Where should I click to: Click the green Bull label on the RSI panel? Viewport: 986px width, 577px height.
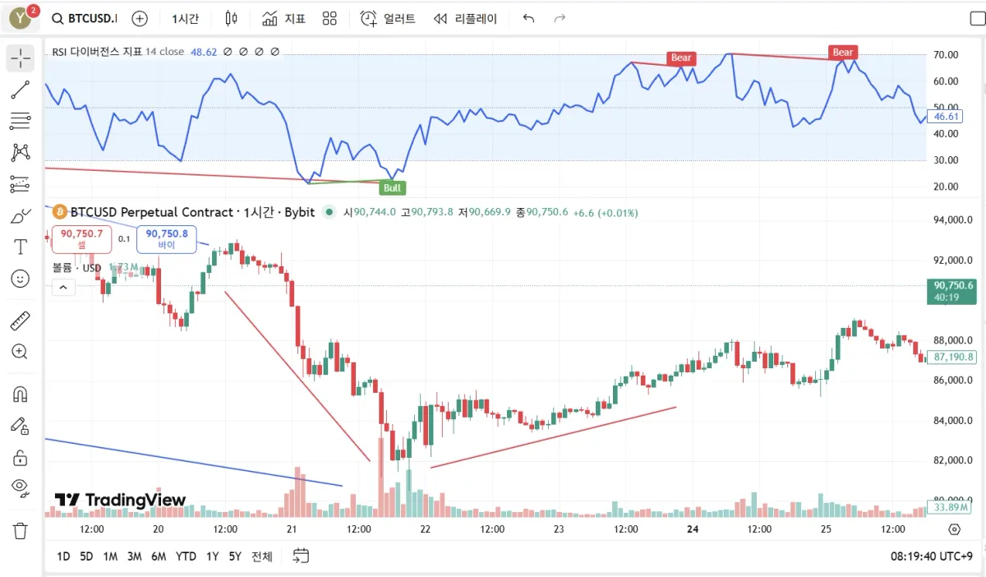coord(393,188)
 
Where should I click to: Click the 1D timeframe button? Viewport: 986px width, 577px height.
coord(63,556)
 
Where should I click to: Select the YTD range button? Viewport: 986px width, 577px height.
coord(186,556)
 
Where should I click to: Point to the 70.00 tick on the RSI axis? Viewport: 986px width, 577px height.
coord(947,55)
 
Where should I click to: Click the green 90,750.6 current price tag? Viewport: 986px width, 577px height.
coord(952,286)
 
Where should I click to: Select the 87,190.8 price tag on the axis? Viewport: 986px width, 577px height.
coord(953,358)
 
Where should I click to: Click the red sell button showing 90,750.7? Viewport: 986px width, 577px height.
coord(81,238)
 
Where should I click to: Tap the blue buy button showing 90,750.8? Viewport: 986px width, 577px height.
coord(167,238)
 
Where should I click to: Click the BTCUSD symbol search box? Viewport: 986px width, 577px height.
coord(84,18)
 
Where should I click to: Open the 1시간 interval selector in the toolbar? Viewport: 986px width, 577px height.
coord(186,18)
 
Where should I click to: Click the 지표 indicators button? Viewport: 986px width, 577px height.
coord(284,18)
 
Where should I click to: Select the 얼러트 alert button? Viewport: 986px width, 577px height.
coord(389,18)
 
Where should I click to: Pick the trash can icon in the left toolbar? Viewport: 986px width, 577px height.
coord(21,530)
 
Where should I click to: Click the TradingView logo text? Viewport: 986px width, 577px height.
coord(121,500)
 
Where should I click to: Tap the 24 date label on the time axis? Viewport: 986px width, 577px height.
coord(693,529)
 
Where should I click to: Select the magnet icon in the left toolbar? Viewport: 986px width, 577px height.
coord(21,394)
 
